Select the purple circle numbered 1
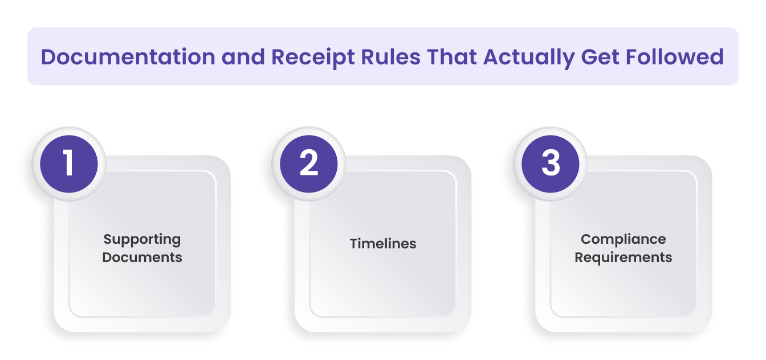tap(69, 163)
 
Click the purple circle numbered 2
tap(309, 163)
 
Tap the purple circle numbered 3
tap(550, 163)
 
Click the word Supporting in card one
tap(142, 239)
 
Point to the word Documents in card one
tap(142, 257)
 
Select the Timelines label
tap(383, 244)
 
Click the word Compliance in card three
tap(623, 239)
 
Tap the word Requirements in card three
tap(623, 257)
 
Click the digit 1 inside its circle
tap(69, 163)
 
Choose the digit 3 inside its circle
tap(550, 163)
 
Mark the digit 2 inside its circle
tap(309, 163)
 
